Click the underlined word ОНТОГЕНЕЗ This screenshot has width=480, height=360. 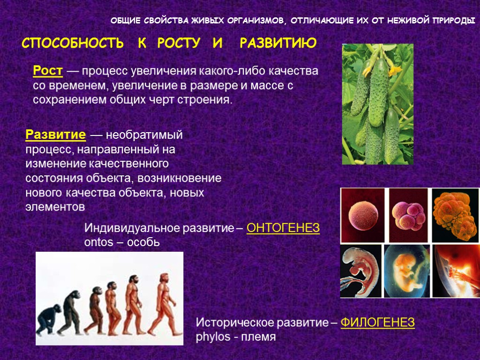pos(283,229)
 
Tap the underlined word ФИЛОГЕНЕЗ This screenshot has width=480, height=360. pos(377,323)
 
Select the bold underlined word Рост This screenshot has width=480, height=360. pos(48,71)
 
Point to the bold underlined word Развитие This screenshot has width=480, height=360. pos(55,135)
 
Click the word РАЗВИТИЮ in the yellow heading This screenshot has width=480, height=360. pos(278,44)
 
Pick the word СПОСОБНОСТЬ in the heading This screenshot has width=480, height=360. pos(73,44)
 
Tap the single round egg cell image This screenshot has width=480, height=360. pos(361,214)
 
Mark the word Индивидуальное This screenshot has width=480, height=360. pos(123,229)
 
